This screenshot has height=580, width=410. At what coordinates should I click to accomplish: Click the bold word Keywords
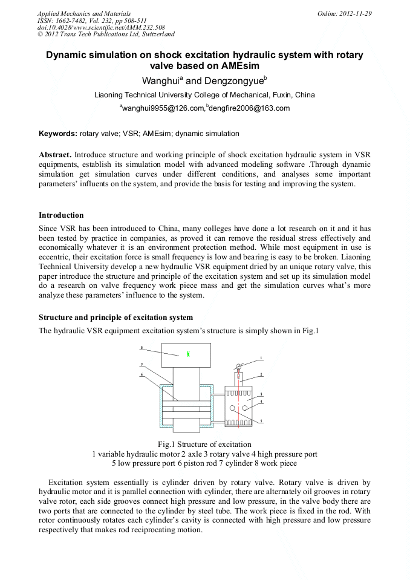(58, 134)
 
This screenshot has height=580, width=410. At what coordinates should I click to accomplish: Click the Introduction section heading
(61, 215)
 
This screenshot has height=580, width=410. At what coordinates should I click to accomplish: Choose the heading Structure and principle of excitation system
(116, 318)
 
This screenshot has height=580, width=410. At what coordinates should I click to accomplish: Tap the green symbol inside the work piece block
(189, 354)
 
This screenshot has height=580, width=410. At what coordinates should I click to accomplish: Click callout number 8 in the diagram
(142, 348)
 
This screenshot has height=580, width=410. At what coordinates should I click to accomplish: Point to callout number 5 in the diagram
(261, 420)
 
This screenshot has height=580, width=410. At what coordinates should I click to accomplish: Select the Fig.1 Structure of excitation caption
(204, 445)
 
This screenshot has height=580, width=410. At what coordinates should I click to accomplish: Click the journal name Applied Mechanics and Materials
(84, 13)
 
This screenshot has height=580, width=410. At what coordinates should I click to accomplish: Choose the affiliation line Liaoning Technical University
(204, 95)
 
